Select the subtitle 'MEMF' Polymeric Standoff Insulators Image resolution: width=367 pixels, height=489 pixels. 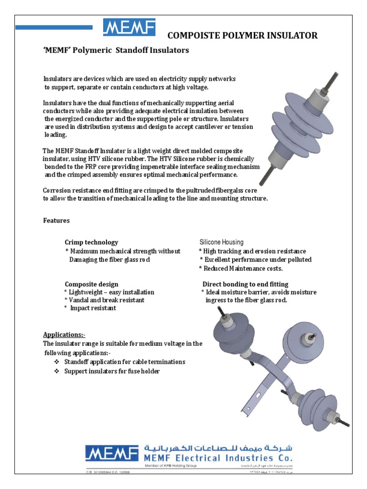point(116,50)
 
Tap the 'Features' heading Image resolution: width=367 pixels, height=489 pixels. point(56,221)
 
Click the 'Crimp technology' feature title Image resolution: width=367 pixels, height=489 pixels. point(91,243)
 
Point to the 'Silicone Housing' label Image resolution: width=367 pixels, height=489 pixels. point(221,242)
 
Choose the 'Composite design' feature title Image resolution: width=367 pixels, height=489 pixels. point(91,284)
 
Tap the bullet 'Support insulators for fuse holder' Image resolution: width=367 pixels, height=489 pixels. point(112,371)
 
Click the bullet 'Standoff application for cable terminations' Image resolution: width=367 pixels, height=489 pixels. point(125,361)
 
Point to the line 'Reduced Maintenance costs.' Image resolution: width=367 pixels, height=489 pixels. point(246,268)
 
